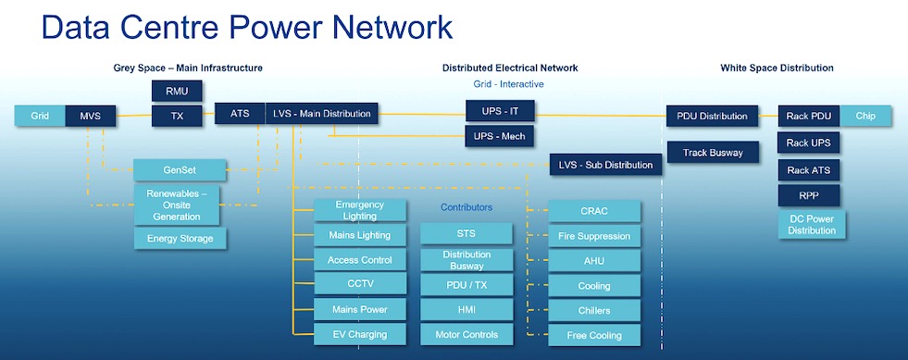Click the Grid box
click(x=40, y=116)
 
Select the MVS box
click(x=91, y=116)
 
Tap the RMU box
click(x=177, y=91)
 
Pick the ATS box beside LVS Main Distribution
click(x=240, y=114)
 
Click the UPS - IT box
click(x=501, y=111)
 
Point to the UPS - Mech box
click(x=500, y=136)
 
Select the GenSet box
click(x=180, y=170)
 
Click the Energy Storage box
click(x=180, y=239)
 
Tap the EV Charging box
click(x=360, y=334)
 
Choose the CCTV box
click(x=360, y=284)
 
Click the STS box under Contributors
click(x=466, y=234)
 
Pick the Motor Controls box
click(x=466, y=334)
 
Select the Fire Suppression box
click(x=594, y=236)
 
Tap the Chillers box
click(x=594, y=310)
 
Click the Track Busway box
click(x=713, y=152)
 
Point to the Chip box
click(x=865, y=116)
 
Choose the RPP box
click(x=808, y=195)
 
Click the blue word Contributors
click(x=466, y=207)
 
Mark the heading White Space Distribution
click(x=777, y=68)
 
